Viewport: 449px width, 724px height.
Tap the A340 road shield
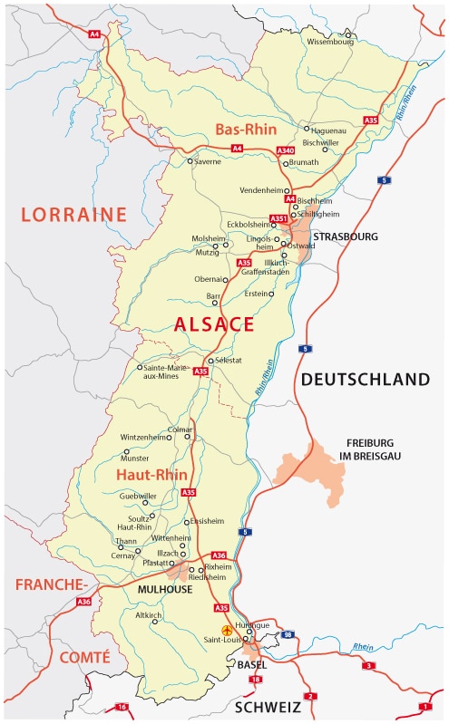tap(285, 150)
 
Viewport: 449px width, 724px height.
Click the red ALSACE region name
tap(215, 324)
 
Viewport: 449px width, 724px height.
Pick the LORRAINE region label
tap(74, 214)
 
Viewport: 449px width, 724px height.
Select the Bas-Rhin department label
tap(244, 130)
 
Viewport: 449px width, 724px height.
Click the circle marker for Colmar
tap(188, 437)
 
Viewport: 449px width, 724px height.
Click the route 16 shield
tap(122, 706)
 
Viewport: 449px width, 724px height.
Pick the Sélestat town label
tap(229, 361)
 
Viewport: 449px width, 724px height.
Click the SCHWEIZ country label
tap(268, 706)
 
